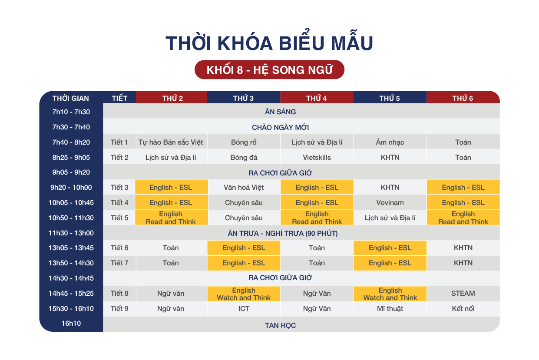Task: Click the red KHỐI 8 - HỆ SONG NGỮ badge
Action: (269, 69)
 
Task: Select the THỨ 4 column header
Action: (317, 97)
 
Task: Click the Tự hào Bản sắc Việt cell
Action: (171, 142)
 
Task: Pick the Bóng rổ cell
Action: (244, 142)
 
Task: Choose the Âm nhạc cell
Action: (390, 142)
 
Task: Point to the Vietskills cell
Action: (317, 157)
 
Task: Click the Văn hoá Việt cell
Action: (244, 187)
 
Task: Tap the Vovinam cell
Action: (390, 203)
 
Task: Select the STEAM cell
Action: (463, 294)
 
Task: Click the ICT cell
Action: (244, 308)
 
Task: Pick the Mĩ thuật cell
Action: (390, 308)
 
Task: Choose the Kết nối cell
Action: (463, 308)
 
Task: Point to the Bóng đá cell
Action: (244, 157)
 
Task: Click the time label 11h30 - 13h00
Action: (71, 233)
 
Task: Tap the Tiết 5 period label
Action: (119, 218)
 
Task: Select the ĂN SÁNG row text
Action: (280, 112)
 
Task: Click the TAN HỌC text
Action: (280, 325)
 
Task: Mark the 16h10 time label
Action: (71, 324)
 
